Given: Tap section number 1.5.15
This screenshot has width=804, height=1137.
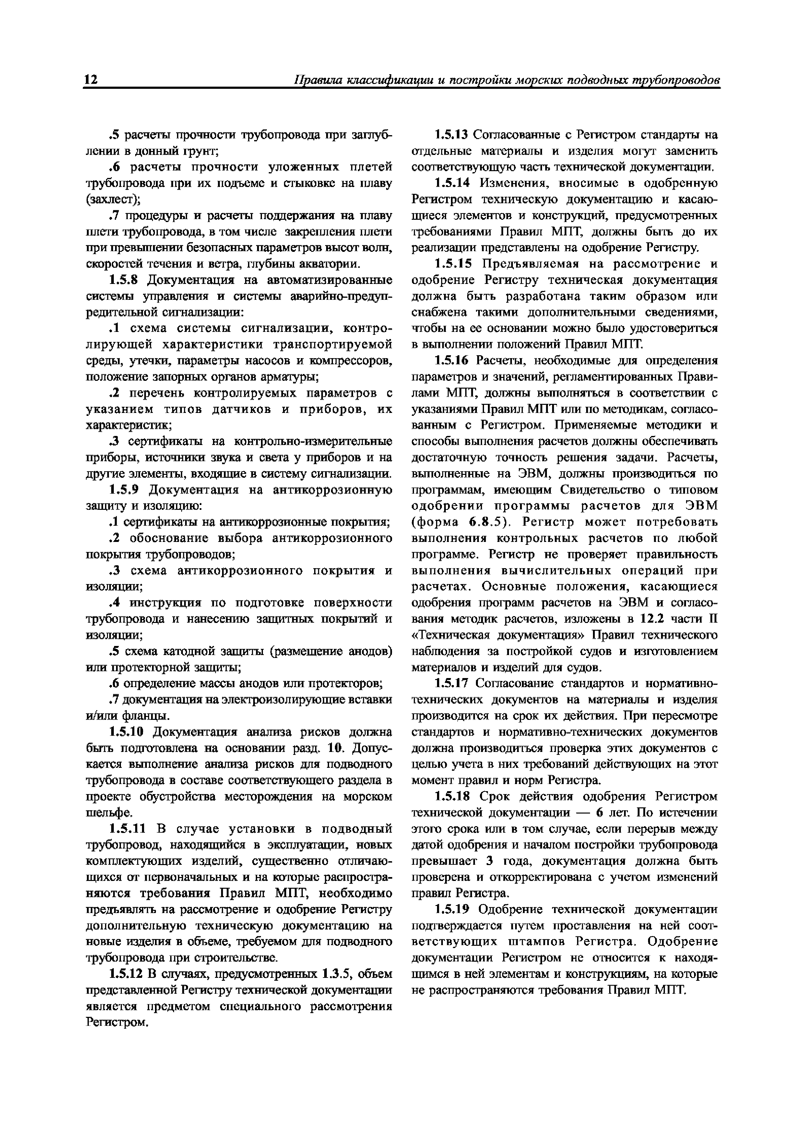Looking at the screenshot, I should pyautogui.click(x=452, y=264).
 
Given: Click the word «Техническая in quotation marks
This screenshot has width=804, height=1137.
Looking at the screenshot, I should pyautogui.click(x=451, y=635).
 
